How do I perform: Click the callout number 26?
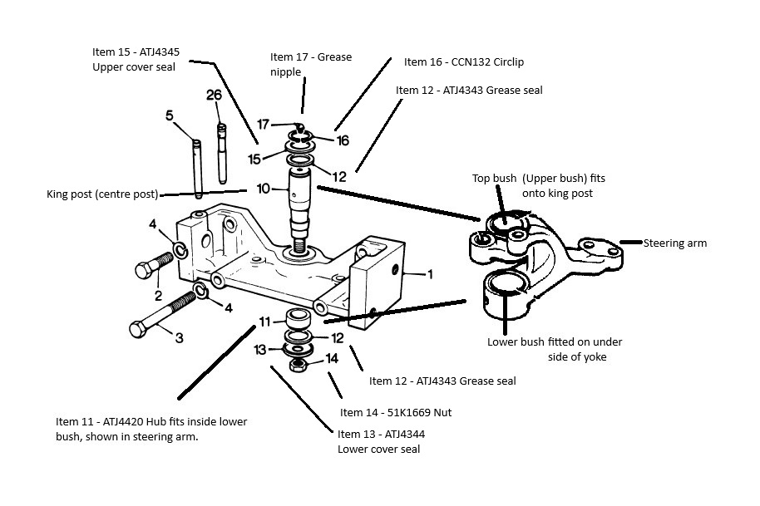[214, 95]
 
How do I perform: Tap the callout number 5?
[169, 115]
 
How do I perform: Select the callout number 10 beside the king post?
[264, 189]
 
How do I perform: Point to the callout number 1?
[429, 274]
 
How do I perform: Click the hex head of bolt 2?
[143, 270]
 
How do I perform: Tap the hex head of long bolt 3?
[138, 329]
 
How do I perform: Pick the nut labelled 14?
[297, 365]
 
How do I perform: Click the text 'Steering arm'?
[674, 243]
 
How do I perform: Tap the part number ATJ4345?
[160, 52]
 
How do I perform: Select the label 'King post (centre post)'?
[102, 194]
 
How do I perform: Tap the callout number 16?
[343, 140]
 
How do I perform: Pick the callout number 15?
[254, 159]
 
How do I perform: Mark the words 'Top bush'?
[495, 178]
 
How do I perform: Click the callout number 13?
[260, 349]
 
